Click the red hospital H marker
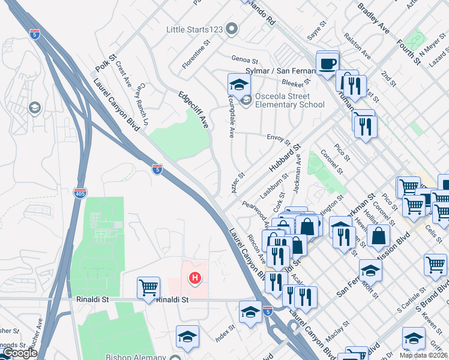pyautogui.click(x=194, y=278)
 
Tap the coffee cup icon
pyautogui.click(x=328, y=64)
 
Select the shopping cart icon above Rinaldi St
pyautogui.click(x=148, y=287)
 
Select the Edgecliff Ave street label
pyautogui.click(x=193, y=110)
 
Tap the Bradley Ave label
pyautogui.click(x=373, y=19)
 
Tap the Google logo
pyautogui.click(x=20, y=353)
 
